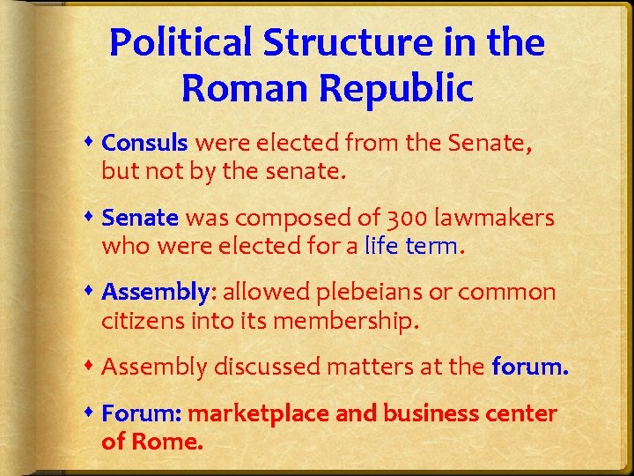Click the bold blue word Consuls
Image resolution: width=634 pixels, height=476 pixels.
pos(145,143)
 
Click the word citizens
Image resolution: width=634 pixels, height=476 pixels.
pos(143,322)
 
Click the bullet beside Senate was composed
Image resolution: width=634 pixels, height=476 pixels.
pos(92,217)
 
